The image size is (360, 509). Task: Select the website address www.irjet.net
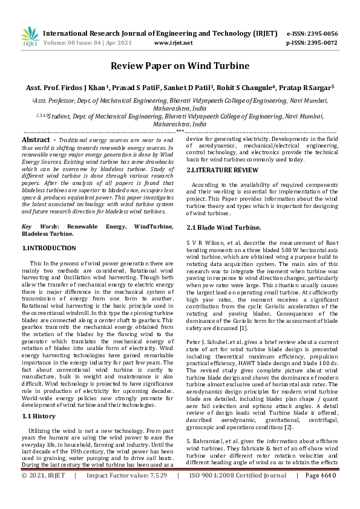[x=174, y=43]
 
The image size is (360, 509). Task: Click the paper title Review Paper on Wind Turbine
[x=180, y=66]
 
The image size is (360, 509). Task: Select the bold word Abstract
[x=35, y=140]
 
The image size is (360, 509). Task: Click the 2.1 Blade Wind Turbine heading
[x=224, y=227]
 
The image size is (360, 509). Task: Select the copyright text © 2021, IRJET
[x=43, y=493]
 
